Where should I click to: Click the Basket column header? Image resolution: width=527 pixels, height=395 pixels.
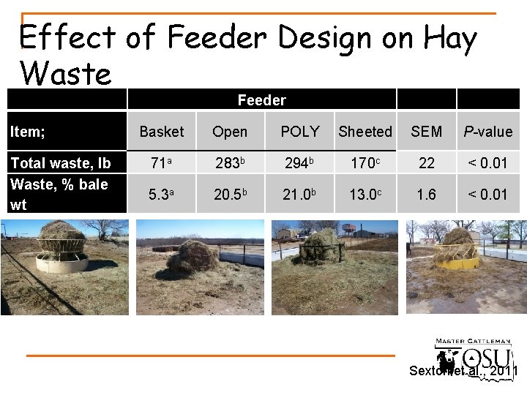pyautogui.click(x=162, y=132)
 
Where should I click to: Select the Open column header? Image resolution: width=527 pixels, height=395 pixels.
pyautogui.click(x=230, y=132)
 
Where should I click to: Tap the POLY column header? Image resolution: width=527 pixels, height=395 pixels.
pyautogui.click(x=300, y=132)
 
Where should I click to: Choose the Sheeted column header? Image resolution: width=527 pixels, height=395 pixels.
pyautogui.click(x=365, y=132)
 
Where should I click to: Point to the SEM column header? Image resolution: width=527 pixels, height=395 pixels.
pyautogui.click(x=427, y=132)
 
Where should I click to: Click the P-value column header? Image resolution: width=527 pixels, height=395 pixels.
pyautogui.click(x=488, y=132)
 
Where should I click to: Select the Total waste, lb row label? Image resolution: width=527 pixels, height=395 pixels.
pyautogui.click(x=60, y=163)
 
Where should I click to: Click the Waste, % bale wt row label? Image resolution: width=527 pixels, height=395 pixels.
pyautogui.click(x=59, y=195)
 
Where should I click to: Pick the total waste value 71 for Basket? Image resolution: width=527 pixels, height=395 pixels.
pyautogui.click(x=160, y=163)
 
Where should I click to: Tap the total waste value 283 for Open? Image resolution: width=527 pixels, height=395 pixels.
pyautogui.click(x=228, y=163)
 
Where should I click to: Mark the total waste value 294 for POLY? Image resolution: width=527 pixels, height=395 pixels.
pyautogui.click(x=299, y=163)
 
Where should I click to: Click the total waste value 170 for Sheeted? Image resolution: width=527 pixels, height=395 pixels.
pyautogui.click(x=364, y=163)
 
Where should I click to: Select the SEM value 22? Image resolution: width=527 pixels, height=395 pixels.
pyautogui.click(x=427, y=163)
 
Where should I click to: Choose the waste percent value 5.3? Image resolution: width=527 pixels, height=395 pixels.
pyautogui.click(x=160, y=195)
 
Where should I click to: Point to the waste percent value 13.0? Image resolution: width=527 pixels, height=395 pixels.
pyautogui.click(x=364, y=195)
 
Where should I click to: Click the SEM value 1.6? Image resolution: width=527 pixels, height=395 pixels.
pyautogui.click(x=427, y=195)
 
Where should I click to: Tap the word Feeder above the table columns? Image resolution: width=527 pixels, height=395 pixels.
pyautogui.click(x=261, y=100)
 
